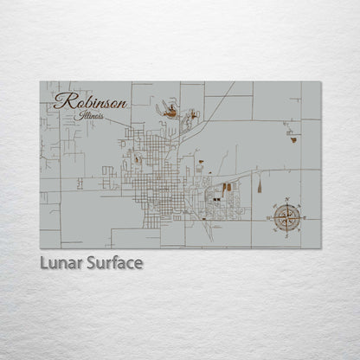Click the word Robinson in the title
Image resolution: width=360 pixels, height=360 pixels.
click(90, 101)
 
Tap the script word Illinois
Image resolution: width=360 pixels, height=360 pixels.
click(88, 115)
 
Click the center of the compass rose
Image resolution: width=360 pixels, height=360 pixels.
click(286, 215)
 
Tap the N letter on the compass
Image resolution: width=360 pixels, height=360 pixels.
click(286, 201)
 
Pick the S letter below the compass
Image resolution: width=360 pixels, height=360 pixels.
click(286, 231)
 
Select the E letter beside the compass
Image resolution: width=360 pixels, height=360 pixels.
click(302, 215)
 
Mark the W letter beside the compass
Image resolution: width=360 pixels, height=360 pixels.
click(271, 215)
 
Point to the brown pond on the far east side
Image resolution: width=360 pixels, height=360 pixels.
click(293, 138)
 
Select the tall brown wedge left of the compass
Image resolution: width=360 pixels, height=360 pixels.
click(259, 185)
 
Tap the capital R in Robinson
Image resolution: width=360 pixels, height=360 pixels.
click(61, 100)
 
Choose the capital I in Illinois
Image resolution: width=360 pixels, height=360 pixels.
click(79, 114)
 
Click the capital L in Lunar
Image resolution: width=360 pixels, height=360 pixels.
click(44, 262)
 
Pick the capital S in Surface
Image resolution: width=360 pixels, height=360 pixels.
click(90, 262)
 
